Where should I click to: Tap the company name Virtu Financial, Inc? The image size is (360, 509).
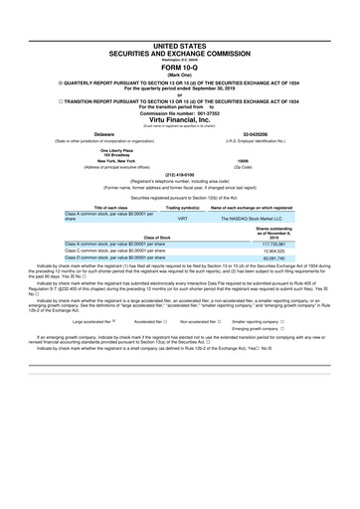pos(180,118)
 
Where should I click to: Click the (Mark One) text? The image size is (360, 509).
pos(180,74)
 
